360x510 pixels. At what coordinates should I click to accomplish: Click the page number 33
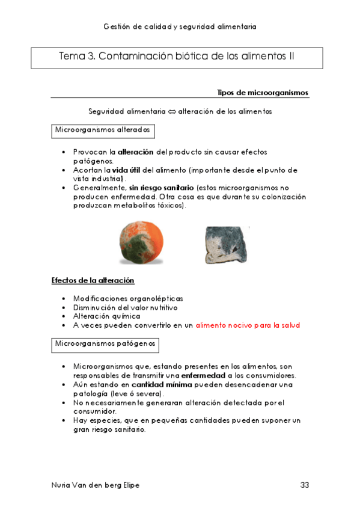pos(305,485)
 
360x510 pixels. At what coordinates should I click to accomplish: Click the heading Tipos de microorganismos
pos(263,93)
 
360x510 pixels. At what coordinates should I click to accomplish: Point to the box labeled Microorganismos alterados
pos(102,131)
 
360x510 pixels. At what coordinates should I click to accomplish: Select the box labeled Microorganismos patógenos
pos(105,345)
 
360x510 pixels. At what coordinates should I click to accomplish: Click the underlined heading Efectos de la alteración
pos(93,281)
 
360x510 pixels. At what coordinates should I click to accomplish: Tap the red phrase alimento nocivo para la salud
pos(248,325)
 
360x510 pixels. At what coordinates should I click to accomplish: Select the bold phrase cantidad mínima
pos(157,384)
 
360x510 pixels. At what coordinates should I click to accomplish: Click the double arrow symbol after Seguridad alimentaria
pos(172,111)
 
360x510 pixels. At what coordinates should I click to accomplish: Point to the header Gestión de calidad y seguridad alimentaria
pos(180,26)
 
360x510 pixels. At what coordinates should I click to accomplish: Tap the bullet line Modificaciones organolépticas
pos(128,298)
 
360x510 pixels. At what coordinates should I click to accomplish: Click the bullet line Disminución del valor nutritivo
pos(125,307)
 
